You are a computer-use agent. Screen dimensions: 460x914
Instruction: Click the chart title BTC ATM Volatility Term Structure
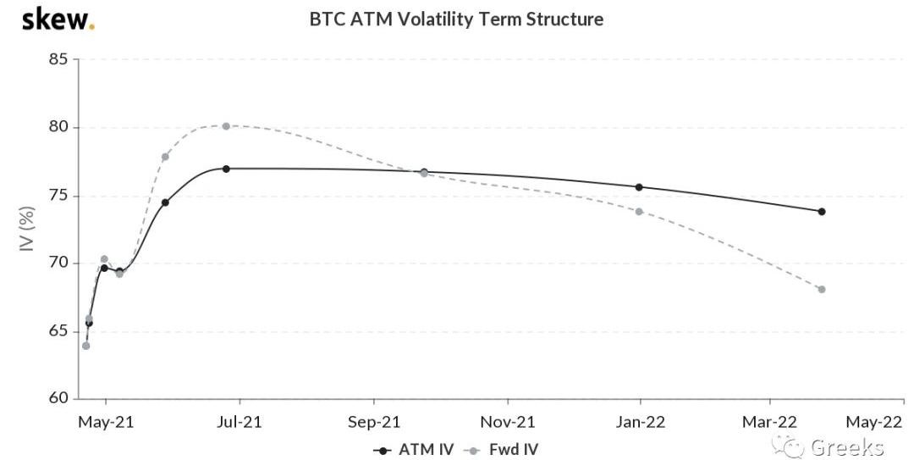point(456,19)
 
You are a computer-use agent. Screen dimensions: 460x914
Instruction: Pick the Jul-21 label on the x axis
point(240,421)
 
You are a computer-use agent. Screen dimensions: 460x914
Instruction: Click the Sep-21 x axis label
point(373,421)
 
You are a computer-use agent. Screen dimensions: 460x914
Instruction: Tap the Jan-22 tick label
point(640,421)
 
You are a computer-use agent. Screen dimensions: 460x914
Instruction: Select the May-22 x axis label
point(875,421)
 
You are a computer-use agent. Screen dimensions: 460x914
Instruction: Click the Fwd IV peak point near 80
point(226,126)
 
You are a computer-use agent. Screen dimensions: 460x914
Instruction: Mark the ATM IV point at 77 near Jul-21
point(226,169)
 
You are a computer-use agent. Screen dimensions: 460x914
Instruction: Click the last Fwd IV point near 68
point(822,290)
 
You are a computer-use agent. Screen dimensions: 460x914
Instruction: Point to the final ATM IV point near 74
point(822,211)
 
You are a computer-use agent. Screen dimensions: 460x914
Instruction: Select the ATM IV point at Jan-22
point(639,187)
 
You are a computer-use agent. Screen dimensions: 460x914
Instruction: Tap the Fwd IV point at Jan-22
point(639,211)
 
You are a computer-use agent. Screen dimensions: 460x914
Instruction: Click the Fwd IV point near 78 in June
point(165,157)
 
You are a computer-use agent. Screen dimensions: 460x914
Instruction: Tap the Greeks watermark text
point(846,447)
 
